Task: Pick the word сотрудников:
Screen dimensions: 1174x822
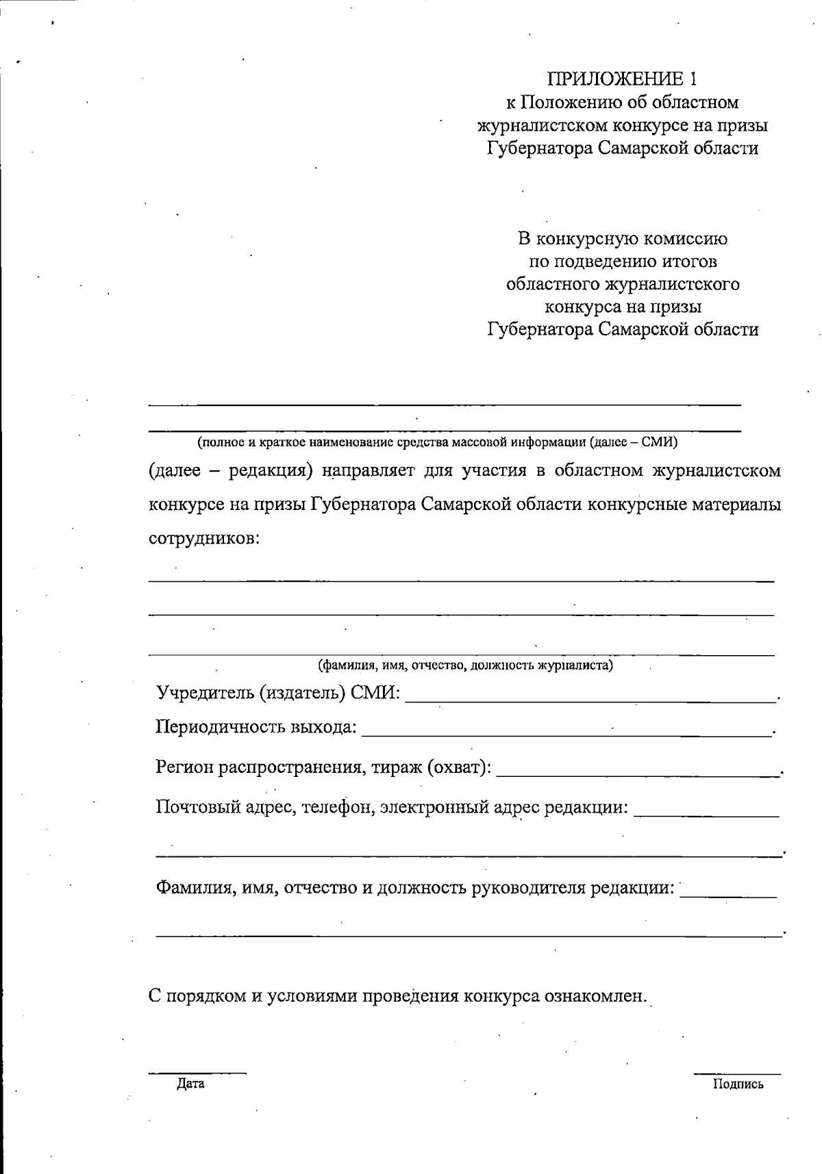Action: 205,537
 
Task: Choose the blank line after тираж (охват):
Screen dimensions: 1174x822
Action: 637,775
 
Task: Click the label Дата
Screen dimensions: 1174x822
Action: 190,1084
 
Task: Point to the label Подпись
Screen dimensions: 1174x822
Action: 738,1084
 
